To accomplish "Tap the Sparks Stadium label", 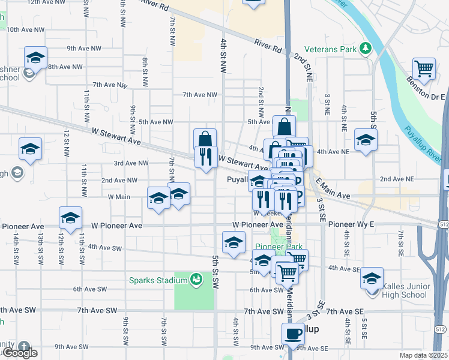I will pyautogui.click(x=158, y=280).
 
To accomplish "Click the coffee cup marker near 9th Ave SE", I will pyautogui.click(x=293, y=334).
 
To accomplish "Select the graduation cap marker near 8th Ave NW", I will pyautogui.click(x=36, y=58).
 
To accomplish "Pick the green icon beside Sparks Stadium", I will pyautogui.click(x=196, y=280).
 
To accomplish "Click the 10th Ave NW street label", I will pyautogui.click(x=25, y=29).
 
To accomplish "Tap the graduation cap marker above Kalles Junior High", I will pyautogui.click(x=372, y=278).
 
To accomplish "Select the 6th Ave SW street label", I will pyautogui.click(x=90, y=289).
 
